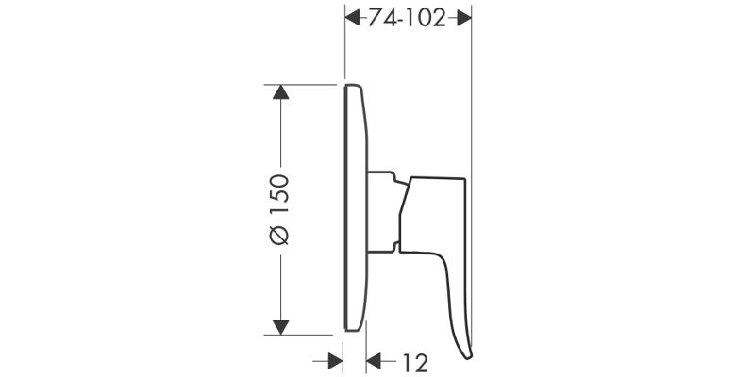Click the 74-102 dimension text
point(407,19)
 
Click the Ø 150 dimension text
point(279,209)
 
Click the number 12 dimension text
point(415,363)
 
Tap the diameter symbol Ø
point(279,236)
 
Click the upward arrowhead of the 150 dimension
point(280,92)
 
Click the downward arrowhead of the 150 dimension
point(280,327)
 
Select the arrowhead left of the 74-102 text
point(353,19)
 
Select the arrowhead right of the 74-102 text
point(463,19)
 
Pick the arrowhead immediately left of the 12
point(374,362)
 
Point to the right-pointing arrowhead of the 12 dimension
point(335,362)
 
